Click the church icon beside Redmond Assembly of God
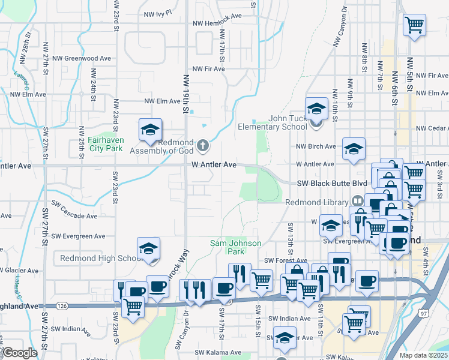click(203, 145)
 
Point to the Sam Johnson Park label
click(235, 243)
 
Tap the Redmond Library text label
click(318, 202)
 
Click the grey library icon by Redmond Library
click(357, 200)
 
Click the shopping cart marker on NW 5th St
click(414, 26)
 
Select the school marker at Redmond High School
click(149, 250)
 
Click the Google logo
click(20, 353)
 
